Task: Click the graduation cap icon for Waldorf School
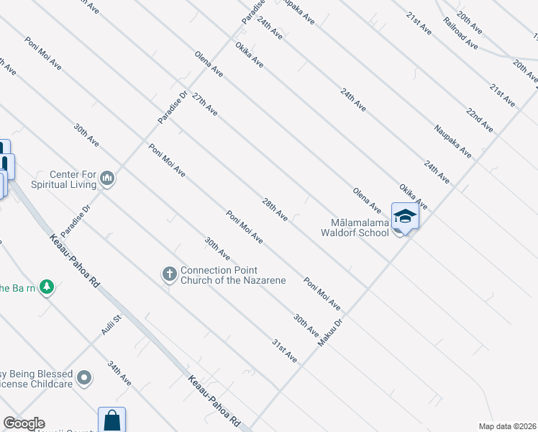pyautogui.click(x=405, y=216)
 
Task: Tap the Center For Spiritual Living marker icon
pyautogui.click(x=107, y=178)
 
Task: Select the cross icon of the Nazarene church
pyautogui.click(x=169, y=274)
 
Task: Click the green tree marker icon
pyautogui.click(x=47, y=287)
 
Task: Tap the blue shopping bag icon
pyautogui.click(x=111, y=420)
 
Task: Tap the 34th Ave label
pyautogui.click(x=119, y=372)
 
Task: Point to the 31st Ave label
pyautogui.click(x=284, y=350)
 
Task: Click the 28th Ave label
pyautogui.click(x=275, y=209)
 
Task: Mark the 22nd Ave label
pyautogui.click(x=480, y=120)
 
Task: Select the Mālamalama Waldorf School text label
pyautogui.click(x=355, y=227)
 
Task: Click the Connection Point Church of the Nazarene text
pyautogui.click(x=233, y=275)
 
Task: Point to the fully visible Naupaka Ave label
pyautogui.click(x=452, y=142)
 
